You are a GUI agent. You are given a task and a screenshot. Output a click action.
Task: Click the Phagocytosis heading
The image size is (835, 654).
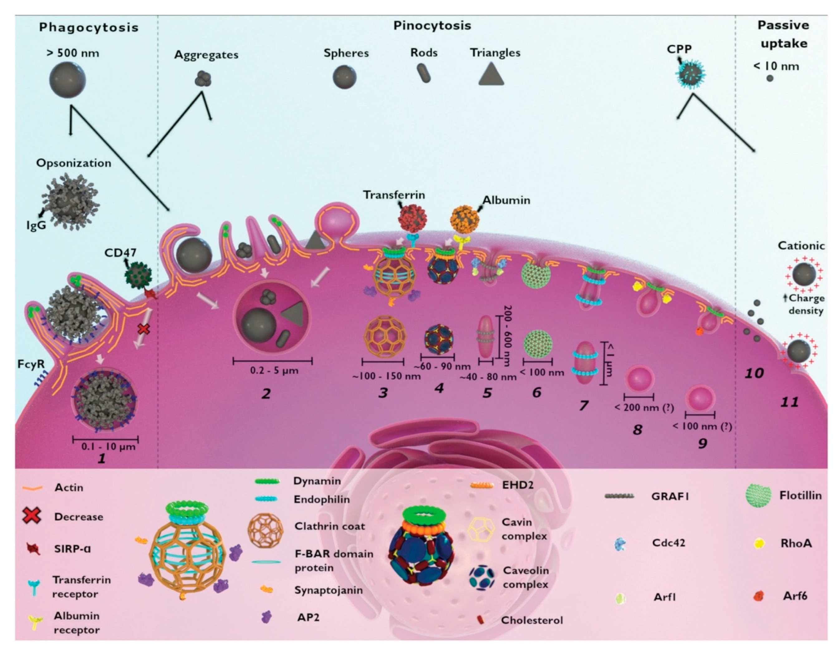click(89, 27)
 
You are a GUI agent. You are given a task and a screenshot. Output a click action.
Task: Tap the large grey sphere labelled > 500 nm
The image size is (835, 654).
click(68, 80)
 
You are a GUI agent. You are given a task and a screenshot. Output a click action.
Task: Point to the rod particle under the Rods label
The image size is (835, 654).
click(424, 74)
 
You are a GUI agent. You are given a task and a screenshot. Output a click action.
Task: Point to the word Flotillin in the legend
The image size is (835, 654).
click(800, 495)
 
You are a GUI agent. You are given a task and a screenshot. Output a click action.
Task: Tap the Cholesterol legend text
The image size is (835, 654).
click(532, 620)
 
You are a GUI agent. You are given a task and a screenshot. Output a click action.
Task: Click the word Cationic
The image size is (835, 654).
click(801, 246)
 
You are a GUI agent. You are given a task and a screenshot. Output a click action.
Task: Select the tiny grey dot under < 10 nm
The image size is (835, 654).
click(770, 79)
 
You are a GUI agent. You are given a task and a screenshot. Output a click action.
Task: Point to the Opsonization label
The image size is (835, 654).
click(74, 163)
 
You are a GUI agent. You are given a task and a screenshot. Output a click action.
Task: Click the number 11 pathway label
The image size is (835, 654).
click(789, 402)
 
